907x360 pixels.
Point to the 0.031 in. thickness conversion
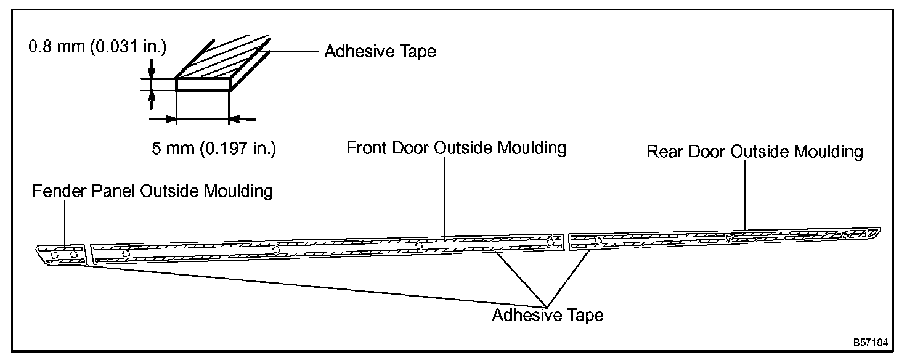(128, 47)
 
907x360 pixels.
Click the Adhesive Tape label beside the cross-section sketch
(380, 52)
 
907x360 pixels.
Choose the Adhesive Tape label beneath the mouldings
(547, 316)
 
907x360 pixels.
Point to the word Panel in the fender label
(116, 191)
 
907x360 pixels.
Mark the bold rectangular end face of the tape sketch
(203, 84)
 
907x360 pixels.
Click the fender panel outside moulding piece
(62, 254)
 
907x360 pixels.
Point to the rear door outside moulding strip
(721, 238)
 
